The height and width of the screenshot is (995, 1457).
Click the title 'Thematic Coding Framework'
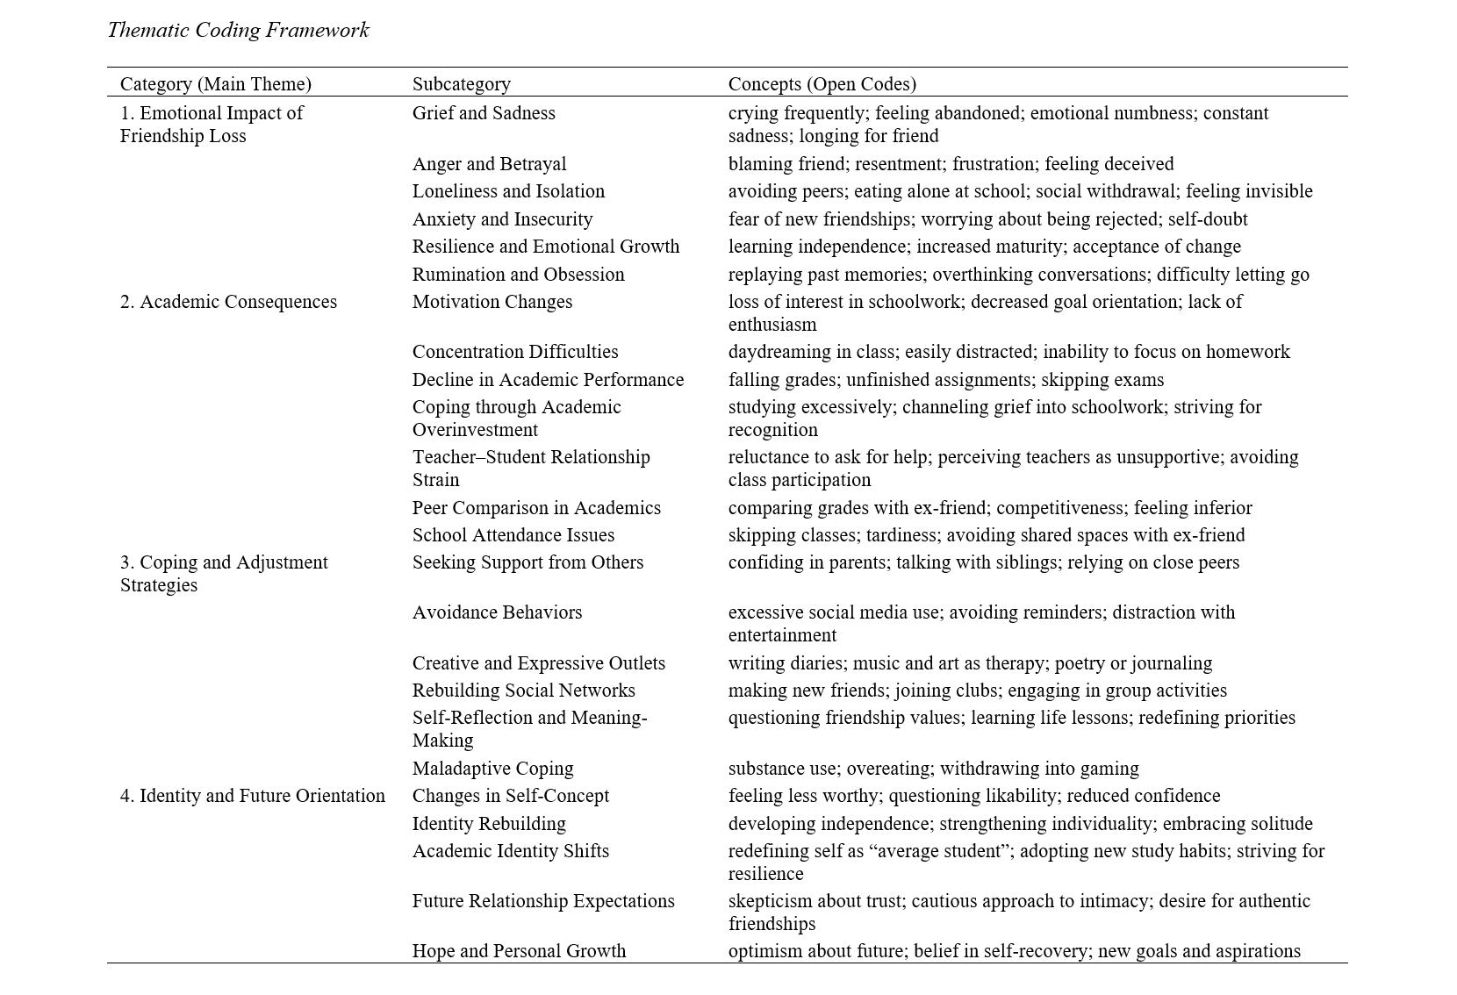tap(238, 31)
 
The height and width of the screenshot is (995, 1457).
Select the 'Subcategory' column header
tap(461, 84)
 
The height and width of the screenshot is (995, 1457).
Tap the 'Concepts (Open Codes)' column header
tap(822, 84)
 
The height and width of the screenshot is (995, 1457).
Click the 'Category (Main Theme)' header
tap(215, 84)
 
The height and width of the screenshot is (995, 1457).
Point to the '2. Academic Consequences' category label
tap(228, 302)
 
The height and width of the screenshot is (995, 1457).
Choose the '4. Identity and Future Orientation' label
tap(252, 796)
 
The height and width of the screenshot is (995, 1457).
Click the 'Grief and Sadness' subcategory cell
tap(484, 113)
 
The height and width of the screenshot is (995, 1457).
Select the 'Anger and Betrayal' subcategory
tap(489, 164)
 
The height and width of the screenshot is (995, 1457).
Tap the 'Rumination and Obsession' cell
tap(518, 275)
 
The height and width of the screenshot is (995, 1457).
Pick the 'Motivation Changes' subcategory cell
tap(492, 302)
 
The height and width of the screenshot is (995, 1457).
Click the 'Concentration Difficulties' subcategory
tap(515, 352)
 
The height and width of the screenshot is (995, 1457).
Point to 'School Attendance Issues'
tap(513, 535)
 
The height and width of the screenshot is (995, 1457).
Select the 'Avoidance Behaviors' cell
tap(497, 612)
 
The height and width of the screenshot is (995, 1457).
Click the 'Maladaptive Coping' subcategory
tap(492, 769)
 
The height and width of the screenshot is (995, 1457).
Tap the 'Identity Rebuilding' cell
tap(489, 824)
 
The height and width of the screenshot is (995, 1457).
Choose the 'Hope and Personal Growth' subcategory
tap(519, 951)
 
